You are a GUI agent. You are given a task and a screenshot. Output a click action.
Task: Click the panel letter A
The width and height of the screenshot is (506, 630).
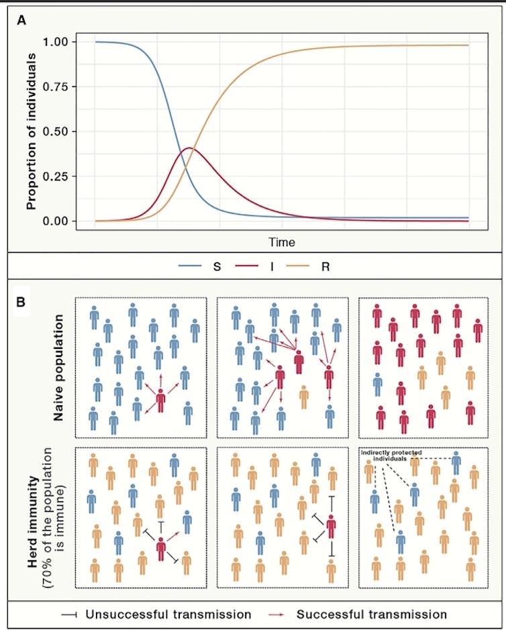click(x=22, y=20)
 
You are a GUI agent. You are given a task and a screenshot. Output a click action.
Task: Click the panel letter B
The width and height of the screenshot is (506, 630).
click(x=22, y=303)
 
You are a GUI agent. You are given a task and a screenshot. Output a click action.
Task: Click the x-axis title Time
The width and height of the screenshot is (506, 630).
click(x=282, y=242)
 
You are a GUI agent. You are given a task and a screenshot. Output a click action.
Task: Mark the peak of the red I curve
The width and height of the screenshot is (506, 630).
click(x=189, y=148)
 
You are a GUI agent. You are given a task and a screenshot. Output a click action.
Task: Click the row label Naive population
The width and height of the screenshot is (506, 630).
click(x=58, y=368)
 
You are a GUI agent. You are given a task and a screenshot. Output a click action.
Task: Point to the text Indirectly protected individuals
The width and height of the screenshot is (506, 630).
click(x=389, y=455)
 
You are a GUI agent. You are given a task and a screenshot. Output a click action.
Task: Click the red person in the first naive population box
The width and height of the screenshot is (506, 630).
click(x=160, y=401)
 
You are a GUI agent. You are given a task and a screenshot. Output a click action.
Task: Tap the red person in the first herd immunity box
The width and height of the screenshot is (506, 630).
click(x=161, y=549)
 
